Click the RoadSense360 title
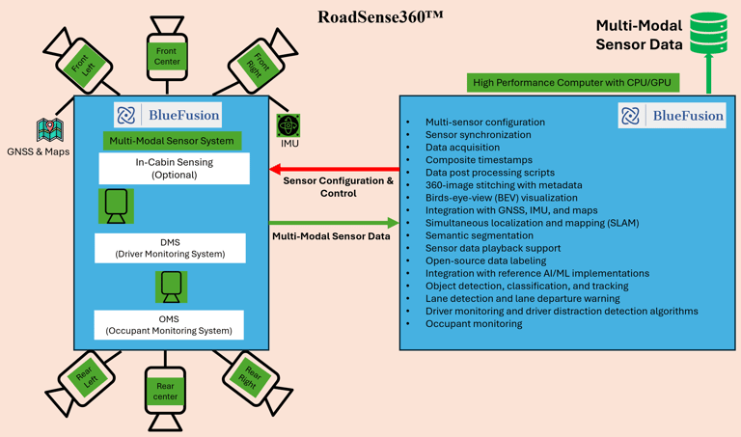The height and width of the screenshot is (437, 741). click(380, 17)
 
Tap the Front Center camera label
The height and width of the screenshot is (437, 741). click(167, 56)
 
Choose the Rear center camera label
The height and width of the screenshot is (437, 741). click(165, 392)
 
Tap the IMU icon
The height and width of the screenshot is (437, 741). click(288, 126)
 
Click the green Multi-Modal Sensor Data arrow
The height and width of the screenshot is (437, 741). click(334, 224)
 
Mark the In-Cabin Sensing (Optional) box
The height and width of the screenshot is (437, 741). click(174, 169)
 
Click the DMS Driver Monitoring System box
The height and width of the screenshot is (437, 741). click(170, 248)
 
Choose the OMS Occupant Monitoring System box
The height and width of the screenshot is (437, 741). click(169, 325)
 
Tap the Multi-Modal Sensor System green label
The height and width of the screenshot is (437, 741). click(173, 141)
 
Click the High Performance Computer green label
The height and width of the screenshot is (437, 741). click(571, 83)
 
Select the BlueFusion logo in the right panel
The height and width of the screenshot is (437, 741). click(672, 116)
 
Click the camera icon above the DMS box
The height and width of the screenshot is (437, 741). click(116, 205)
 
